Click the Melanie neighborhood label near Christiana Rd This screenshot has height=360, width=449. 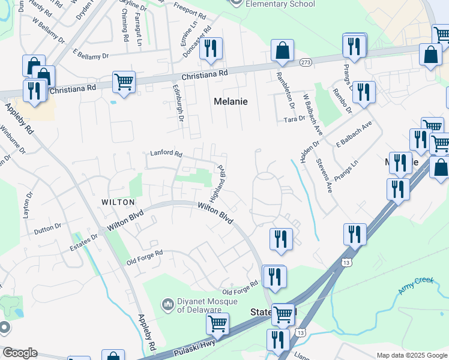[231, 101]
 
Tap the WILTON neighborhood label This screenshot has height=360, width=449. [116, 202]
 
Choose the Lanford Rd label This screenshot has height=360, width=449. [166, 154]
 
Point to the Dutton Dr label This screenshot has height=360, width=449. [48, 229]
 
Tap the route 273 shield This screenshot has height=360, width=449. [306, 62]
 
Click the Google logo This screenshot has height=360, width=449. [20, 353]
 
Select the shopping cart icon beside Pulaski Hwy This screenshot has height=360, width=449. [217, 323]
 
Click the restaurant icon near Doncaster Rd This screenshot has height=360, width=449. [211, 48]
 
